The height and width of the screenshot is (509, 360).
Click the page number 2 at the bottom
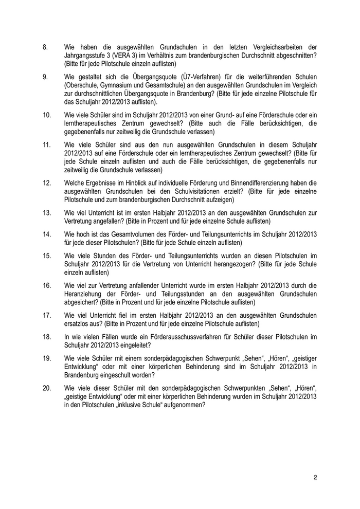[x=315, y=478]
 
